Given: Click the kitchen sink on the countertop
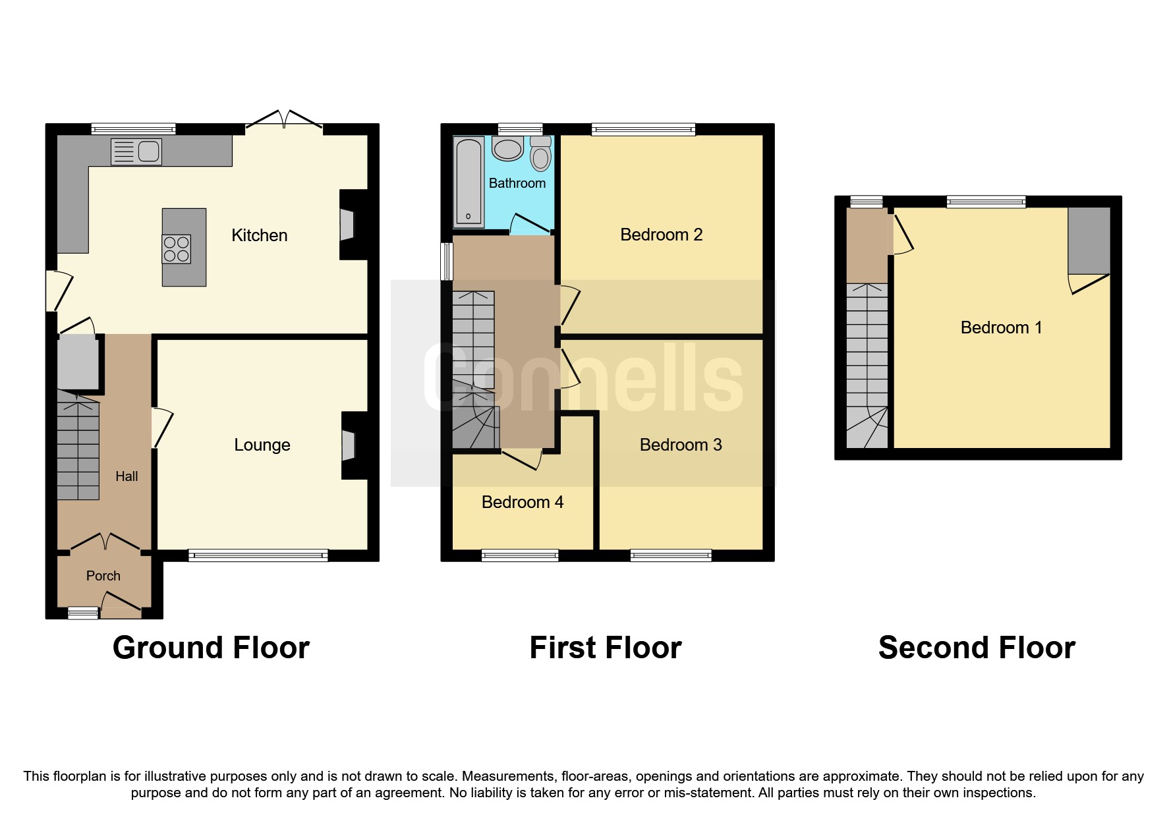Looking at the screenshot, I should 137,152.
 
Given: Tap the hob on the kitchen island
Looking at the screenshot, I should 177,249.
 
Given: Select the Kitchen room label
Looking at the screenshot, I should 259,235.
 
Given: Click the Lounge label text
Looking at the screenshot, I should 262,445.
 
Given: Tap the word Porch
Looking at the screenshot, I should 103,576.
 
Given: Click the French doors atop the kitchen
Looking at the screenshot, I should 284,121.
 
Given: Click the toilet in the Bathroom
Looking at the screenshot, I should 541,155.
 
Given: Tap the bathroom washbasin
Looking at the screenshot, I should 507,149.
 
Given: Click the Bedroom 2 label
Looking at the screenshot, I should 661,235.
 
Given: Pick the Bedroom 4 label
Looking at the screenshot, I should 522,502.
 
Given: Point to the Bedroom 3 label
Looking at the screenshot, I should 681,445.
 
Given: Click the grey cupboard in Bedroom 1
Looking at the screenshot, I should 1089,240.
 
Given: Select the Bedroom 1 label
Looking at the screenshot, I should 1001,327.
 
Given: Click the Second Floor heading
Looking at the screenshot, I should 977,648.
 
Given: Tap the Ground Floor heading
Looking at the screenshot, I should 211,648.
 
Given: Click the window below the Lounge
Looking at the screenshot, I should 258,556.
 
